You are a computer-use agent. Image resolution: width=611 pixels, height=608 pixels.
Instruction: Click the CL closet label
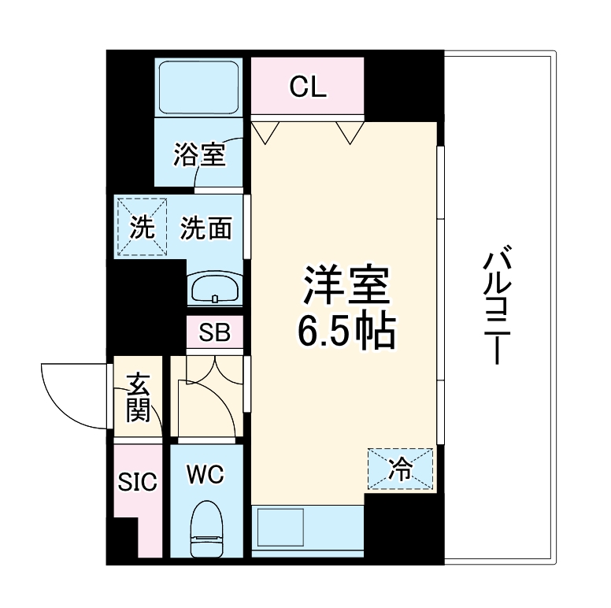click(307, 87)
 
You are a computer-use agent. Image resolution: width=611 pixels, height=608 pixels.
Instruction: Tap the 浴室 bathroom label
click(200, 155)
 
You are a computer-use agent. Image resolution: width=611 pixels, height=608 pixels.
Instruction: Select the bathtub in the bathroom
click(200, 87)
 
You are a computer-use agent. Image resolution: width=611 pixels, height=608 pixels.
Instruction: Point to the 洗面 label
click(206, 228)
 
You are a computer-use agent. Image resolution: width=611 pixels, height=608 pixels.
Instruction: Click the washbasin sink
click(215, 288)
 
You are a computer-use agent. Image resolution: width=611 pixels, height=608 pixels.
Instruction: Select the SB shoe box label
click(214, 333)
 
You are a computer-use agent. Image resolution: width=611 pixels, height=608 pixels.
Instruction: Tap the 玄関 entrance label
click(138, 398)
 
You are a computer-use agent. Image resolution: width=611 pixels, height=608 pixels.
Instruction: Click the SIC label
click(137, 480)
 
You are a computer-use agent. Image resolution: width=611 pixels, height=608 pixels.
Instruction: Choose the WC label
click(206, 475)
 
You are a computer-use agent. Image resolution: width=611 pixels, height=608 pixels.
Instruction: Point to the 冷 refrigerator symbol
click(401, 469)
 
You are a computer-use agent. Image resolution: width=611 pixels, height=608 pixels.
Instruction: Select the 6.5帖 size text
click(346, 333)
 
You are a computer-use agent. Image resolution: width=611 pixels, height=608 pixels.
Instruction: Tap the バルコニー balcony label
click(495, 307)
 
